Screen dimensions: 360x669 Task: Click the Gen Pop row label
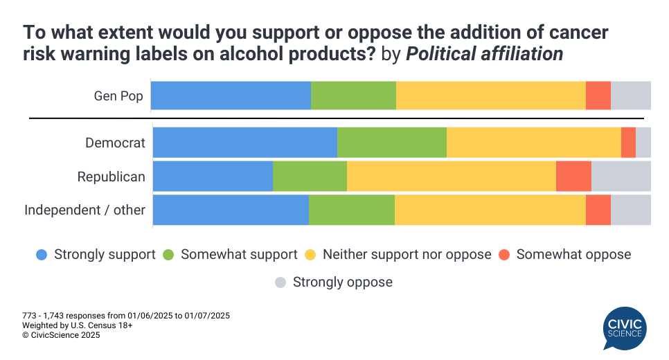click(118, 96)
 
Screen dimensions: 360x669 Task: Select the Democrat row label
click(115, 143)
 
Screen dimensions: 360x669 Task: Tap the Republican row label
click(111, 177)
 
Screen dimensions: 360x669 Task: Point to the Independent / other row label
click(84, 210)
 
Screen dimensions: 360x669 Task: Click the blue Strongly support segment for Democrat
click(244, 143)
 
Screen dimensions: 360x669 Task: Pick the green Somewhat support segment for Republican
click(310, 177)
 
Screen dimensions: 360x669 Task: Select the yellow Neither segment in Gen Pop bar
click(490, 96)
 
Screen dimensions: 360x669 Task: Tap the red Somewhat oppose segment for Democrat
click(628, 143)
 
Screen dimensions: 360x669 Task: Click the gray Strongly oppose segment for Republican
click(621, 177)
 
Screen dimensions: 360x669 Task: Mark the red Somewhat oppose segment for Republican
click(573, 177)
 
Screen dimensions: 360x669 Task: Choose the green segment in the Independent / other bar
click(351, 210)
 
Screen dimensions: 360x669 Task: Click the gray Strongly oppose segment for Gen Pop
click(630, 96)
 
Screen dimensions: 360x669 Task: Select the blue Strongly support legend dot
click(42, 255)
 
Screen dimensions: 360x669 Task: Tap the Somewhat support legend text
click(239, 255)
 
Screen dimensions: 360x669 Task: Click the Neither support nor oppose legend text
click(407, 255)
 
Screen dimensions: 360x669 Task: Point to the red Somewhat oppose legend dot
click(504, 255)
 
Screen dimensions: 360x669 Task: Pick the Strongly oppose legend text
click(342, 282)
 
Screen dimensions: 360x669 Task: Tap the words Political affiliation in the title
click(484, 54)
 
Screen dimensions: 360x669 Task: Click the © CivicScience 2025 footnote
click(61, 335)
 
